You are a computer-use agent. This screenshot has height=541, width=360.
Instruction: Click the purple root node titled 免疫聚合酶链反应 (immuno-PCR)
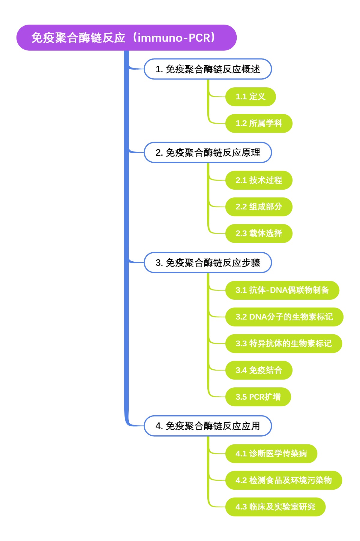pyautogui.click(x=126, y=38)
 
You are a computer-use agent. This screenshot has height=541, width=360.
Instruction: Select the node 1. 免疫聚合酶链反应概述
pyautogui.click(x=208, y=69)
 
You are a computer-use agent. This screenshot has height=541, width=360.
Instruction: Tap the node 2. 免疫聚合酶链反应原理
pyautogui.click(x=208, y=152)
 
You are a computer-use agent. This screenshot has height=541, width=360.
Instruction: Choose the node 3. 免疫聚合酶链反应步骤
pyautogui.click(x=208, y=263)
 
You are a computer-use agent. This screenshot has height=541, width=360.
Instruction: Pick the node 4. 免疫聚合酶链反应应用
pyautogui.click(x=208, y=426)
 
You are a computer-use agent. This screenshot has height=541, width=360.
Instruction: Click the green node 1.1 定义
pyautogui.click(x=250, y=97)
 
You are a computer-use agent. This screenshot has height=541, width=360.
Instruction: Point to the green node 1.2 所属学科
pyautogui.click(x=259, y=123)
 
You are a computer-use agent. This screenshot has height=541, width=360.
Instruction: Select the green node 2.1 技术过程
pyautogui.click(x=259, y=180)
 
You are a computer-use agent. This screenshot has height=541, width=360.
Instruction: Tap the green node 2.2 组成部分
pyautogui.click(x=259, y=207)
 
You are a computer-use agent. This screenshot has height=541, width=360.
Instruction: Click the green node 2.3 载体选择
pyautogui.click(x=259, y=233)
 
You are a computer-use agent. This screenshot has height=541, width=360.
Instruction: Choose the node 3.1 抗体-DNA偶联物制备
pyautogui.click(x=282, y=290)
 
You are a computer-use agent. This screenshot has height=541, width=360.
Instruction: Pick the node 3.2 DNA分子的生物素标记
pyautogui.click(x=284, y=317)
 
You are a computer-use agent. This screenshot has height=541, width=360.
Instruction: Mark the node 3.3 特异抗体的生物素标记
pyautogui.click(x=283, y=344)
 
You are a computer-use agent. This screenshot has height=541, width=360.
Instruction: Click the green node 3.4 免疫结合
pyautogui.click(x=259, y=370)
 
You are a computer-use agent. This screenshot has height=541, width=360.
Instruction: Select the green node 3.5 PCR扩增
pyautogui.click(x=258, y=397)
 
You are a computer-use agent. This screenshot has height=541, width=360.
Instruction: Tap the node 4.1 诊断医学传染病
pyautogui.click(x=271, y=453)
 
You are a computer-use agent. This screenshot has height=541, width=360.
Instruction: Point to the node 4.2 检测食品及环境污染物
pyautogui.click(x=283, y=480)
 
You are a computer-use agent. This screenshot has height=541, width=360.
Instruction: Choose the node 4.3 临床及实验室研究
pyautogui.click(x=275, y=507)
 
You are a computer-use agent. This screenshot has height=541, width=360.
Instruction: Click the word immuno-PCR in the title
pyautogui.click(x=174, y=38)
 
